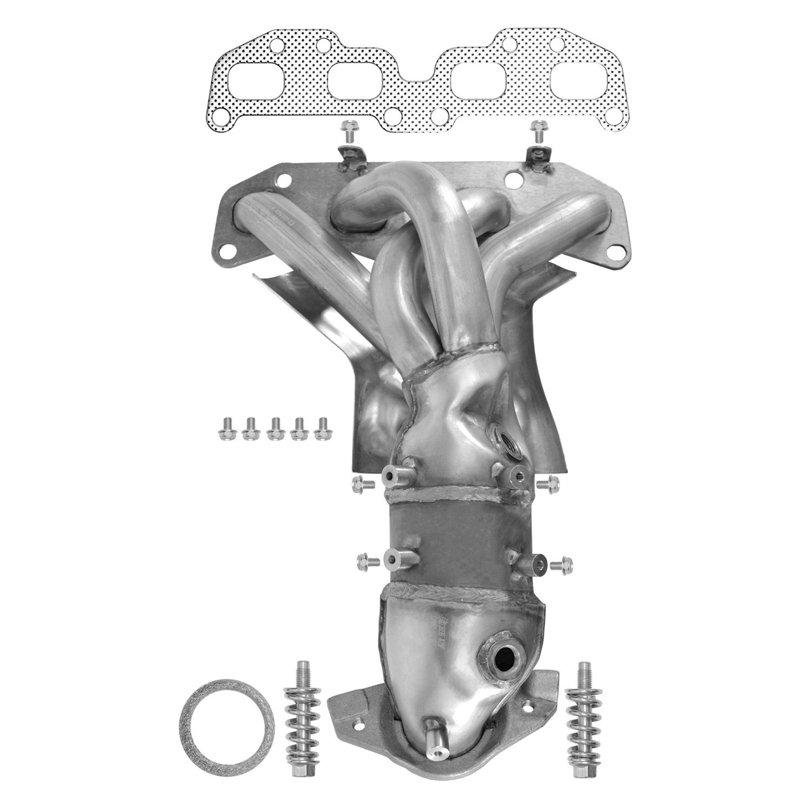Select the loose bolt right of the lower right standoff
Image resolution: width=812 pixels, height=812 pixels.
[560, 565]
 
